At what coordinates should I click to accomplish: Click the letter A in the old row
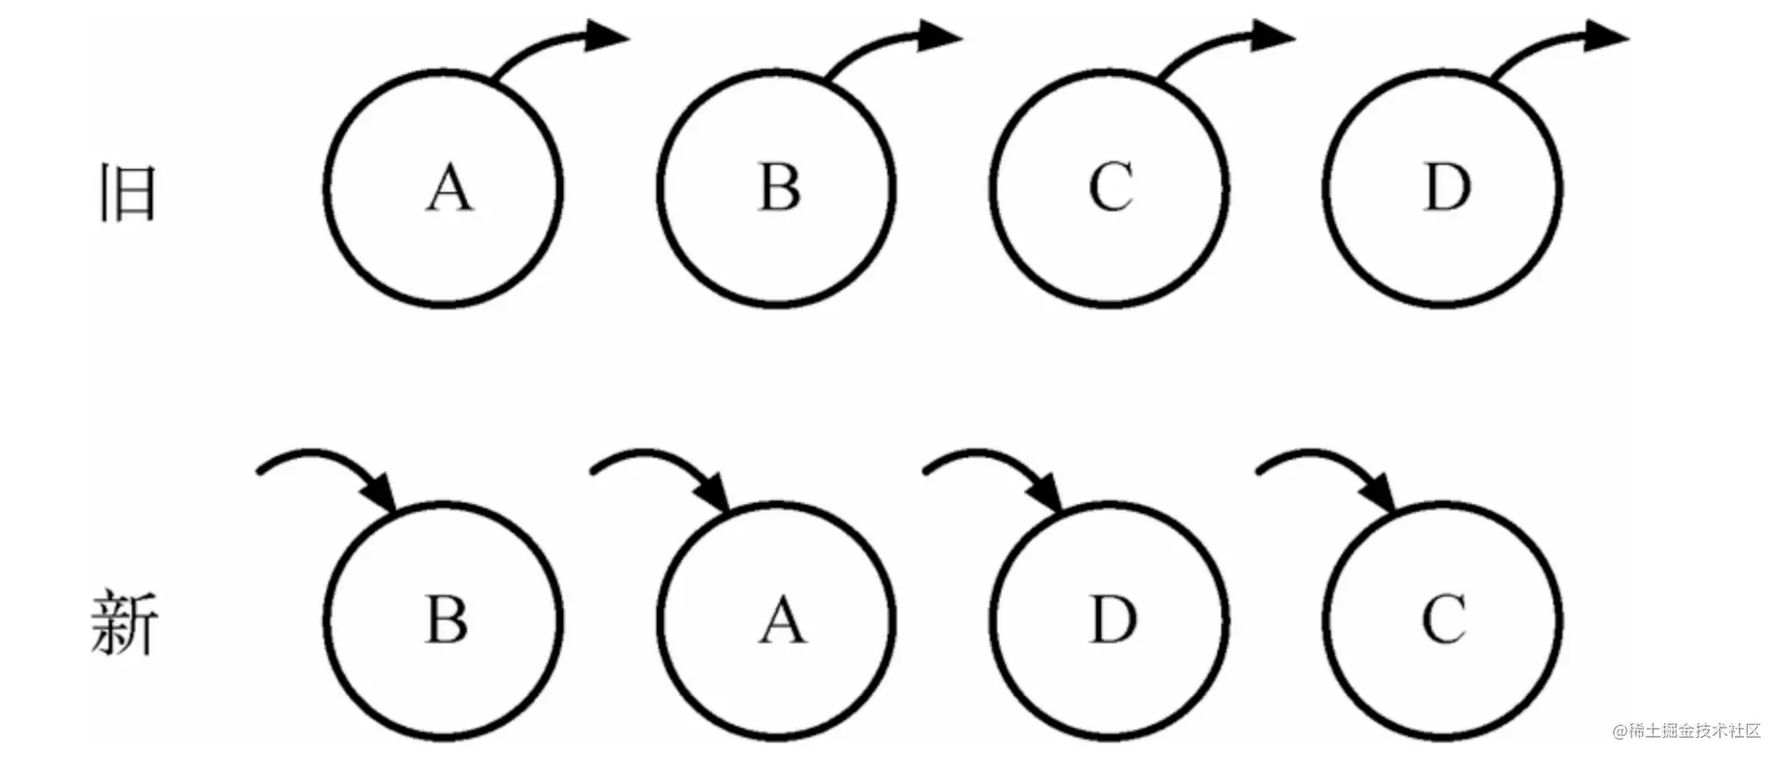(450, 188)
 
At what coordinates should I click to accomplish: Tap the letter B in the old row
(780, 187)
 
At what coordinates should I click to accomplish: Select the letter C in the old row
(1111, 187)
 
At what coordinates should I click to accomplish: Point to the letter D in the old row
(1446, 187)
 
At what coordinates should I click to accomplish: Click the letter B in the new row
(446, 619)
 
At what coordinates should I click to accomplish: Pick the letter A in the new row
(783, 620)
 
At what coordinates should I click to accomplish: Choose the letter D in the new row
(1113, 619)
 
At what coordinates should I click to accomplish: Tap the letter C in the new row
(1445, 619)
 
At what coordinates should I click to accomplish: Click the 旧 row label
(127, 192)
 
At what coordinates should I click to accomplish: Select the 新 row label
(125, 623)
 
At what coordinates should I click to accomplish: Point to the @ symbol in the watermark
(1620, 731)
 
